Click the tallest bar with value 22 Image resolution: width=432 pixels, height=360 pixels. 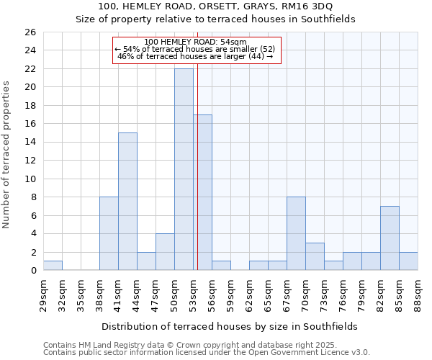(184, 169)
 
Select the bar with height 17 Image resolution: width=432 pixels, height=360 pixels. (202, 192)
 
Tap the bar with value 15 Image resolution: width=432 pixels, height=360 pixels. (127, 202)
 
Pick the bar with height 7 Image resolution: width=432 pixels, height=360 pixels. (390, 238)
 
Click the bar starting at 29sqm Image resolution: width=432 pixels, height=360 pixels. (53, 266)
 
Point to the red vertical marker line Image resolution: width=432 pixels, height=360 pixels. (197, 166)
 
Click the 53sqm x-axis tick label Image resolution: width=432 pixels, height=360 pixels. (193, 292)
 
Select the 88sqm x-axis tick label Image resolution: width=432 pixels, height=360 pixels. (418, 292)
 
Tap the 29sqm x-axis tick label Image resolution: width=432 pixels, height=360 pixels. (43, 292)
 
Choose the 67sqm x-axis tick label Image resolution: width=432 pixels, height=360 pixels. (287, 292)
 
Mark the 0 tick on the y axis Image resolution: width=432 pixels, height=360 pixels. (32, 271)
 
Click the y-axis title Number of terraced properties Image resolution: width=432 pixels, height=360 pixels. (7, 155)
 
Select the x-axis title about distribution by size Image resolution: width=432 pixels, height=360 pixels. (230, 326)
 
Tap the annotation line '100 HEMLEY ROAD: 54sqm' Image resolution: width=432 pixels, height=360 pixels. (195, 42)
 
